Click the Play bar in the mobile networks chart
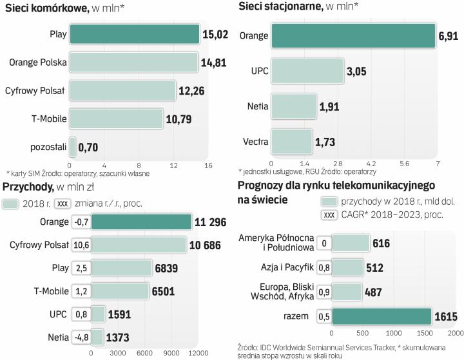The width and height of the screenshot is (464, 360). tap(134, 34)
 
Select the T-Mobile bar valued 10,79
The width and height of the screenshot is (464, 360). tap(116, 119)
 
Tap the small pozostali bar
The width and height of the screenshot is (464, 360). tap(73, 147)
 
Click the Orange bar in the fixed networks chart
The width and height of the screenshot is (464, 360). tap(353, 35)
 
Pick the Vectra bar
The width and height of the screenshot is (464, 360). tap(291, 140)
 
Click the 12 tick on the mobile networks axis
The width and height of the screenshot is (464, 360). tap(173, 166)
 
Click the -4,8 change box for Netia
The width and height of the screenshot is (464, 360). tap(80, 336)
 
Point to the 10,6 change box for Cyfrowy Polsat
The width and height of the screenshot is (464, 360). tap(80, 245)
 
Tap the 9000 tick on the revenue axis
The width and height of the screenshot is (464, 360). tap(171, 352)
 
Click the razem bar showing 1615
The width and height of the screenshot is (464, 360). tap(381, 316)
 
